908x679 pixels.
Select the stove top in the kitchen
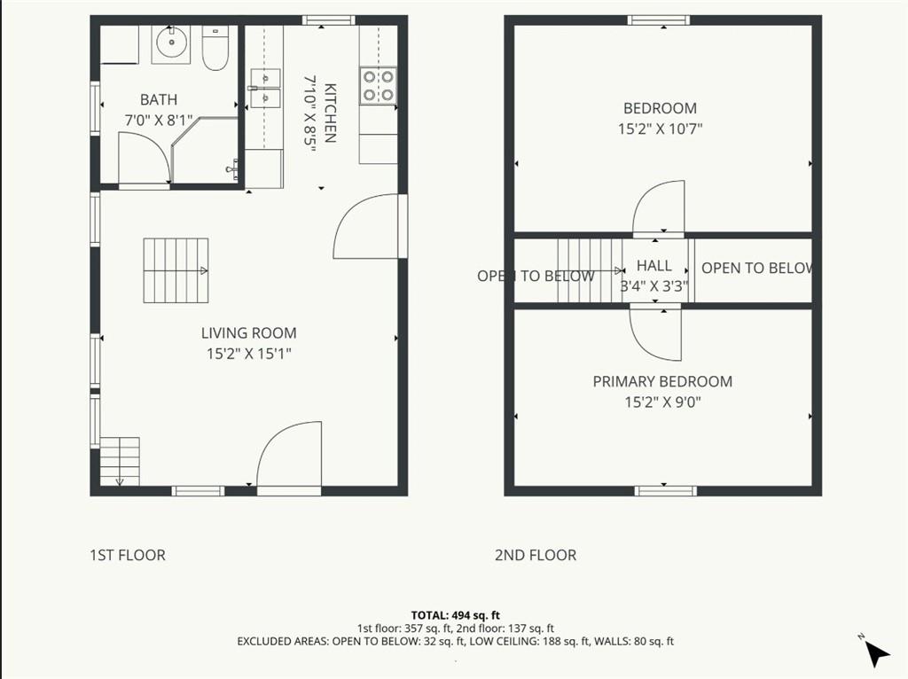(x=378, y=86)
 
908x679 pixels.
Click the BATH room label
(x=159, y=99)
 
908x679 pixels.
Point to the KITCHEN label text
(x=330, y=113)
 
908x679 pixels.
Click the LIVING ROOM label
(x=249, y=332)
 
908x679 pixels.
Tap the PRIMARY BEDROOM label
(x=662, y=381)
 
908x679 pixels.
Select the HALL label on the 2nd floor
(x=654, y=266)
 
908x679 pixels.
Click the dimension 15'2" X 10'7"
(x=660, y=129)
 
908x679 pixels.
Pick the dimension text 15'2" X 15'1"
(x=249, y=353)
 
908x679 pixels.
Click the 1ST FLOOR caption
(x=128, y=555)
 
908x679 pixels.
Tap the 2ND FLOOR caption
(x=536, y=555)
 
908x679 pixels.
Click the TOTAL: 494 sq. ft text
(x=455, y=615)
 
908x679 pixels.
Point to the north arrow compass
(x=875, y=652)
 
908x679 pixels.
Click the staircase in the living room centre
(x=176, y=270)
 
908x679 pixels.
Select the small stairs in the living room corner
(x=120, y=462)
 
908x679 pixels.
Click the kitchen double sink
(x=265, y=88)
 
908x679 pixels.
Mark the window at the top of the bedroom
(x=659, y=20)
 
